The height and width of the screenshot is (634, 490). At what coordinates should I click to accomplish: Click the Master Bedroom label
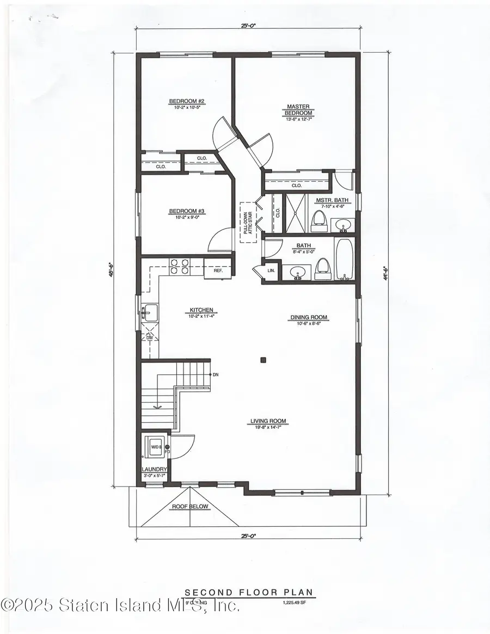(298, 110)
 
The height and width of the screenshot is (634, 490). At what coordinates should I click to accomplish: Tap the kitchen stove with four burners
(180, 266)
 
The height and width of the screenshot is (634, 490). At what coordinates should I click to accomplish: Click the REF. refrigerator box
(218, 269)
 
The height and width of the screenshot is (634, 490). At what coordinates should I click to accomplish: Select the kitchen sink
(149, 313)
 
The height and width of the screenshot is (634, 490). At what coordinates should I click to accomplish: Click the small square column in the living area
(263, 359)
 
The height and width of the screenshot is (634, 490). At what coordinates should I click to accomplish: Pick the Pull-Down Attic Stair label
(248, 223)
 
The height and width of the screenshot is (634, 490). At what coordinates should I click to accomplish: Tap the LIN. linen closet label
(271, 270)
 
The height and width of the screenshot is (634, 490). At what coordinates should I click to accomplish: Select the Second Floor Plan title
(250, 592)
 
